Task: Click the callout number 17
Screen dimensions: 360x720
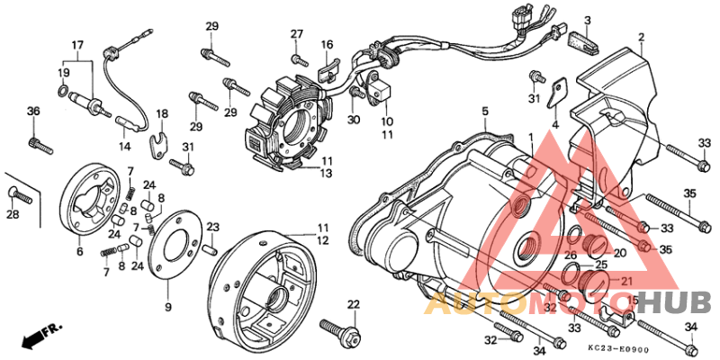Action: click(x=77, y=45)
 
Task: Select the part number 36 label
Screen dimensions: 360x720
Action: click(x=34, y=112)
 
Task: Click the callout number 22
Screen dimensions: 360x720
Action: click(x=354, y=304)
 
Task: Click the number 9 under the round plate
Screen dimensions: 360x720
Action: click(x=167, y=308)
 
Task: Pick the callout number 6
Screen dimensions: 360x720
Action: click(x=79, y=252)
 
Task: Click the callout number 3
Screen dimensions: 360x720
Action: click(x=587, y=21)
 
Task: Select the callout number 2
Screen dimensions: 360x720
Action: click(x=642, y=38)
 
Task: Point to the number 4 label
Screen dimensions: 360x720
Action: click(x=555, y=125)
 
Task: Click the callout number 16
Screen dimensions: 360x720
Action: click(x=327, y=44)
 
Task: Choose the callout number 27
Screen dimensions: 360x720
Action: click(x=295, y=34)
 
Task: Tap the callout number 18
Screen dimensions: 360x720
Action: click(x=162, y=114)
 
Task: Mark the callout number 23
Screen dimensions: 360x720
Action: click(x=213, y=227)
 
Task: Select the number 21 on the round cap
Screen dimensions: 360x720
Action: click(x=622, y=283)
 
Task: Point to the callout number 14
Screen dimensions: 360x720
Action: click(x=126, y=146)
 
